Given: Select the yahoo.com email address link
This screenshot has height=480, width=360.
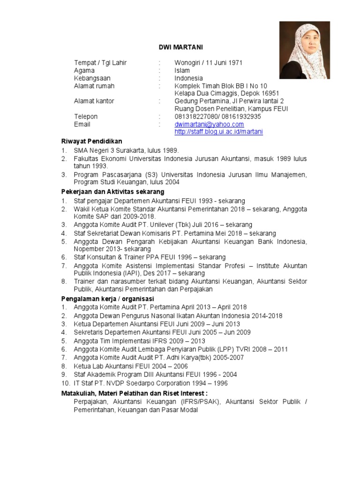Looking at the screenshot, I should pos(209,124).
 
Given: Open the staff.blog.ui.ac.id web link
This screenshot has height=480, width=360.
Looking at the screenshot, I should pos(218,132).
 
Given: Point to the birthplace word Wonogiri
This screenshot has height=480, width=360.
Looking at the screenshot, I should pos(188,63).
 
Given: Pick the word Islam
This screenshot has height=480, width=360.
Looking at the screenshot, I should pos(182,70).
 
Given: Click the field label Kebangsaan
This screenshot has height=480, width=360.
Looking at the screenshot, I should pos(92,78).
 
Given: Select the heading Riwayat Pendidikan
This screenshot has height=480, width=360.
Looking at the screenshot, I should pos(92,141).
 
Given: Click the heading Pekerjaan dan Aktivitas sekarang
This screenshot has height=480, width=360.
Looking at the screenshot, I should pos(112,192).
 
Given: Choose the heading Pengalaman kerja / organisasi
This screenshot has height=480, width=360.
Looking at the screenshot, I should pos(108,299).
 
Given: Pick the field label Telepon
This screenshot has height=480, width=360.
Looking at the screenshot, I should pos(86,116).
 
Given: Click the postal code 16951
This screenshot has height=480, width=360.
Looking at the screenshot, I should pos(270,93).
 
